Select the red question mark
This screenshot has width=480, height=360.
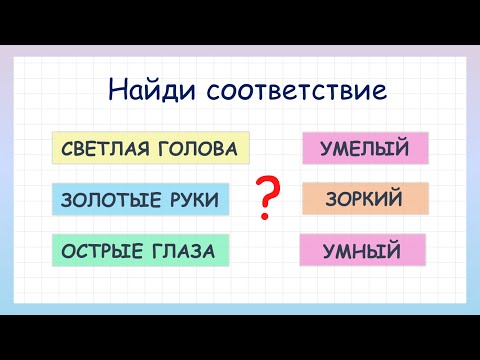(x=267, y=197)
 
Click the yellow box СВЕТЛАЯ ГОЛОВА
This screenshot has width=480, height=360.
(x=149, y=150)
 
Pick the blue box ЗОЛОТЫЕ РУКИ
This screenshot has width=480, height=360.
(x=140, y=200)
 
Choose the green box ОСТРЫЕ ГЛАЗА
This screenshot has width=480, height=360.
(x=138, y=250)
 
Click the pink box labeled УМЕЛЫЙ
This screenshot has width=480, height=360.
(x=365, y=149)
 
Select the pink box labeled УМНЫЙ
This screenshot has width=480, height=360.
(x=362, y=250)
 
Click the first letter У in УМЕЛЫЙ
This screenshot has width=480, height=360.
(x=326, y=149)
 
